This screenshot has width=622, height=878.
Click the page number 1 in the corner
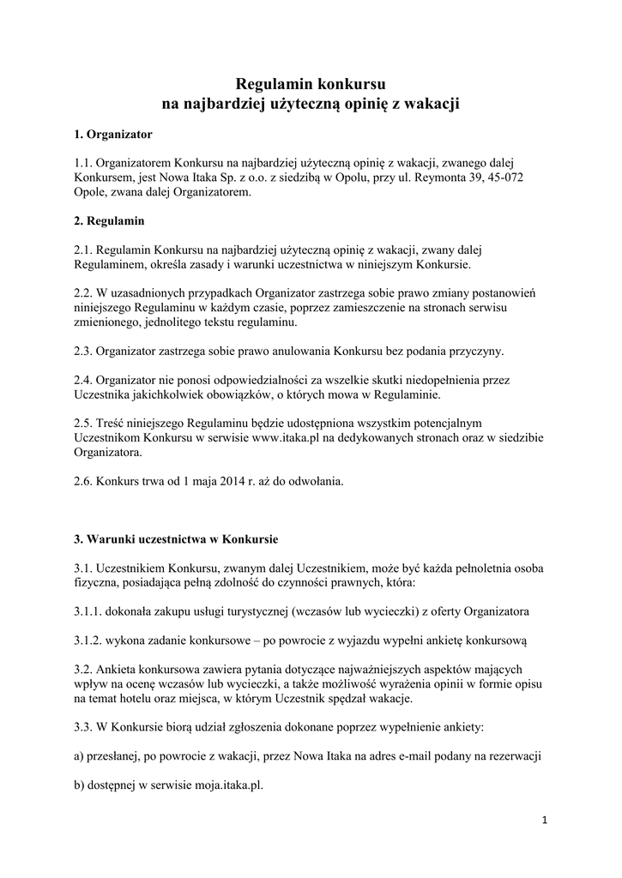point(544,821)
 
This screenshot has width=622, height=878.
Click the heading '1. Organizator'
point(112,135)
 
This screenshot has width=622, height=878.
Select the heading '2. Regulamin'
point(108,220)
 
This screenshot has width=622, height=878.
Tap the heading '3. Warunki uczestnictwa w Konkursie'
point(175,539)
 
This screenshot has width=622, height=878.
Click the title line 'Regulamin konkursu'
point(311,84)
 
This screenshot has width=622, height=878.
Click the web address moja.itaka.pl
point(218,782)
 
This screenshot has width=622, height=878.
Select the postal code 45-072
point(507,177)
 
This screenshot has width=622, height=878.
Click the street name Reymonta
point(424,177)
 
